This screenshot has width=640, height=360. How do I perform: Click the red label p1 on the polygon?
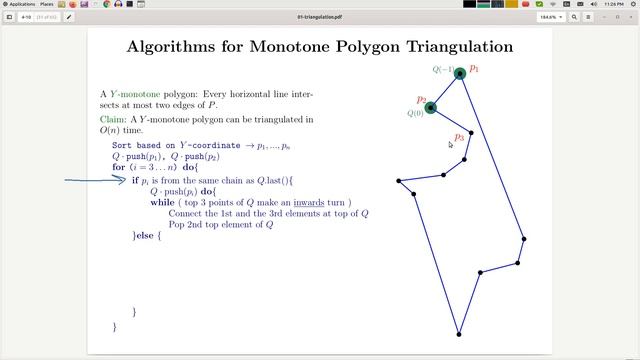(x=475, y=69)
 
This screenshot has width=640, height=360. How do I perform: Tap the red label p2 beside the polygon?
(x=422, y=99)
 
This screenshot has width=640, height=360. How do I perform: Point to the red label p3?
(x=459, y=137)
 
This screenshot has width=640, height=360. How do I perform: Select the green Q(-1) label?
(x=443, y=70)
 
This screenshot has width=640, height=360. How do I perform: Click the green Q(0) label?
(x=415, y=113)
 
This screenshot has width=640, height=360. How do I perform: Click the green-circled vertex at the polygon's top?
(x=460, y=73)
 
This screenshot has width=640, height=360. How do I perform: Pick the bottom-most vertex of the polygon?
(x=459, y=334)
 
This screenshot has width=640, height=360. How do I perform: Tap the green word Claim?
(x=112, y=119)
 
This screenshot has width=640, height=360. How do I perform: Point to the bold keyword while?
(x=162, y=202)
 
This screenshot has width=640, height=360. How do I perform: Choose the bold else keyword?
(x=142, y=236)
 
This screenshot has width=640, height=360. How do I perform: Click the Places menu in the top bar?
(x=47, y=4)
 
